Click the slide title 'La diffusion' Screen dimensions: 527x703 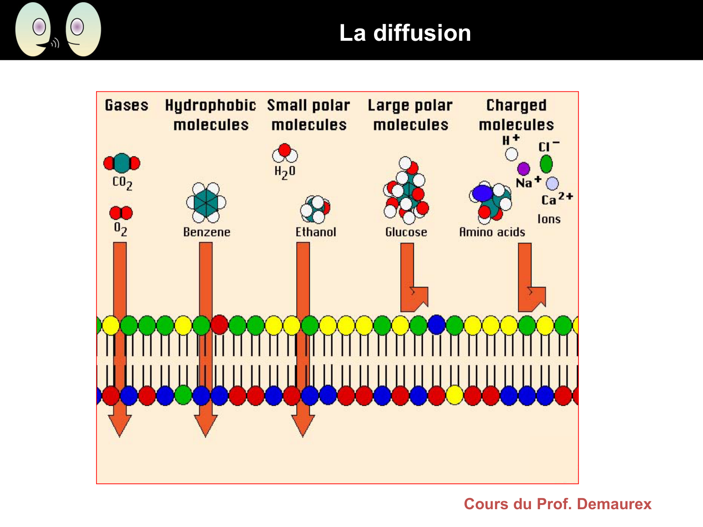click(405, 33)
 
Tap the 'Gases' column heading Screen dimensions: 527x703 click(127, 105)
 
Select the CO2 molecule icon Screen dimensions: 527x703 click(122, 163)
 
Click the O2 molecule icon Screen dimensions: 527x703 click(121, 213)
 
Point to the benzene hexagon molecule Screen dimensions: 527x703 click(206, 202)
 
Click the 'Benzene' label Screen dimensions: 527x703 click(207, 232)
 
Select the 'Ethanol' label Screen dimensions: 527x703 click(316, 232)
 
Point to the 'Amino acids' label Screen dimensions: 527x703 click(492, 232)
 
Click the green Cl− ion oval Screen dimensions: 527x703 click(546, 164)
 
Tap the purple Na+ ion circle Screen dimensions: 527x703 click(524, 169)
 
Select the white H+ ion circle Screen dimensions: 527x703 click(511, 154)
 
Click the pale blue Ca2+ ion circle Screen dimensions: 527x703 click(553, 184)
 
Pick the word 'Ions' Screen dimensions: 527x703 click(549, 219)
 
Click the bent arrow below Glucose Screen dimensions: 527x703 click(412, 281)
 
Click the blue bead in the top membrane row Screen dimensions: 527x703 click(436, 324)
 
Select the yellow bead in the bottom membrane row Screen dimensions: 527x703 click(455, 395)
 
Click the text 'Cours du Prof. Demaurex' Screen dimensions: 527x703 click(558, 504)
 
